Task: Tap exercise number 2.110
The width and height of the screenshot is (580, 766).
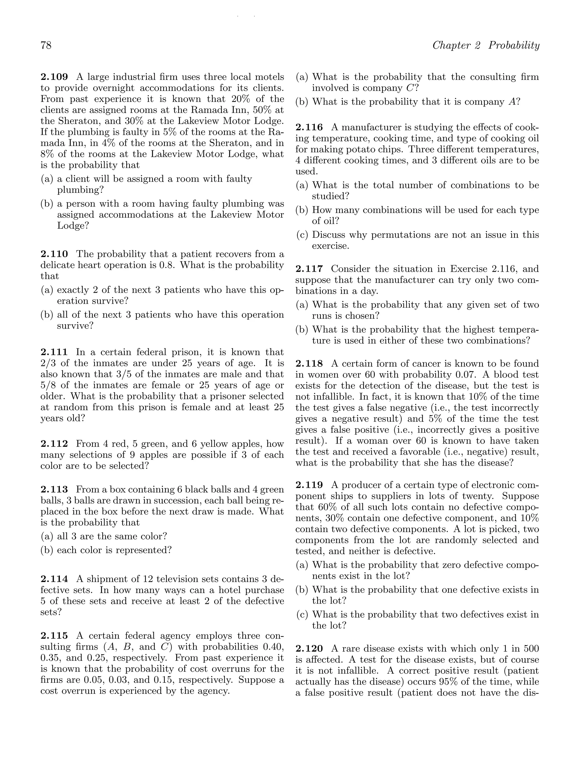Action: [54, 254]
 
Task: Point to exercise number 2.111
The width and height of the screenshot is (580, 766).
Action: [54, 352]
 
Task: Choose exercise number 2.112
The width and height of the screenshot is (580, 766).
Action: [54, 444]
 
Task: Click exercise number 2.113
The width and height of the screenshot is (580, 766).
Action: [54, 489]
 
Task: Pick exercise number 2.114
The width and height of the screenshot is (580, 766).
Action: [54, 579]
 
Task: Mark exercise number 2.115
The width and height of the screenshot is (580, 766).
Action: [54, 636]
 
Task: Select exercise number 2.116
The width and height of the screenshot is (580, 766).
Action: [309, 127]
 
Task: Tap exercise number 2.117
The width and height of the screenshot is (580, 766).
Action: [309, 269]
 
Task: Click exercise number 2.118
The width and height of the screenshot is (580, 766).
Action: [309, 363]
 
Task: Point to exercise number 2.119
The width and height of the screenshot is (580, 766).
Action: [309, 485]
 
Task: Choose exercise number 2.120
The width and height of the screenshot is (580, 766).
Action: [309, 649]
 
